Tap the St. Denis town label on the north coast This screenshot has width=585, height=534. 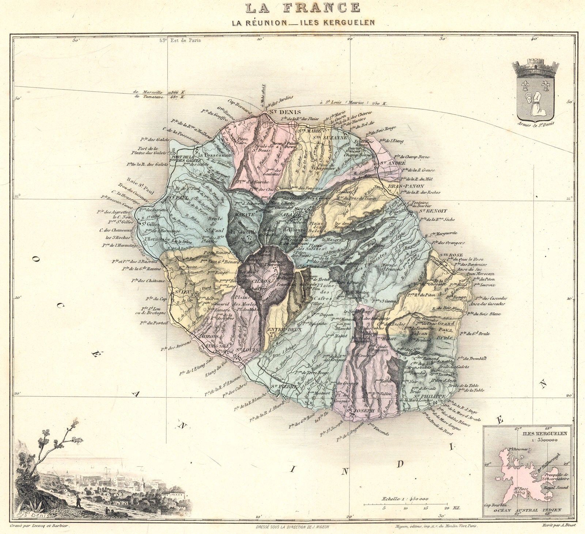pyautogui.click(x=285, y=112)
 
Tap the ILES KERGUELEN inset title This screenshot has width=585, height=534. pyautogui.click(x=544, y=433)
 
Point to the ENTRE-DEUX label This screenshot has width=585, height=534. pyautogui.click(x=280, y=330)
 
